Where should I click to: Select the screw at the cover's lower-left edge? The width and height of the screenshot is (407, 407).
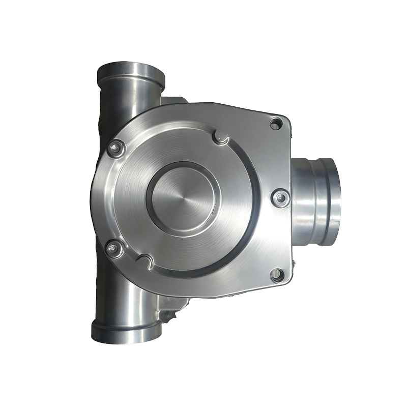[x=114, y=249]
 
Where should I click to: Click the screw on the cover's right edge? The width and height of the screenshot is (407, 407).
[x=280, y=198]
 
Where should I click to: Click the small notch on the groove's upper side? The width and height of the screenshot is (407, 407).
[x=220, y=136]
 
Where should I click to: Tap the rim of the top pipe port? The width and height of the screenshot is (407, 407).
[x=131, y=72]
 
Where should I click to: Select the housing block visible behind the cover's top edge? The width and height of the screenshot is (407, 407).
[x=173, y=100]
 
